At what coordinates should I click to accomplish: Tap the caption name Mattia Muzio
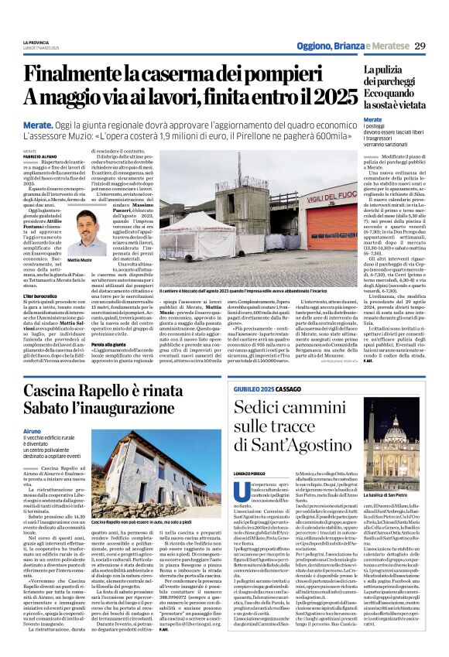pos(79,260)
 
